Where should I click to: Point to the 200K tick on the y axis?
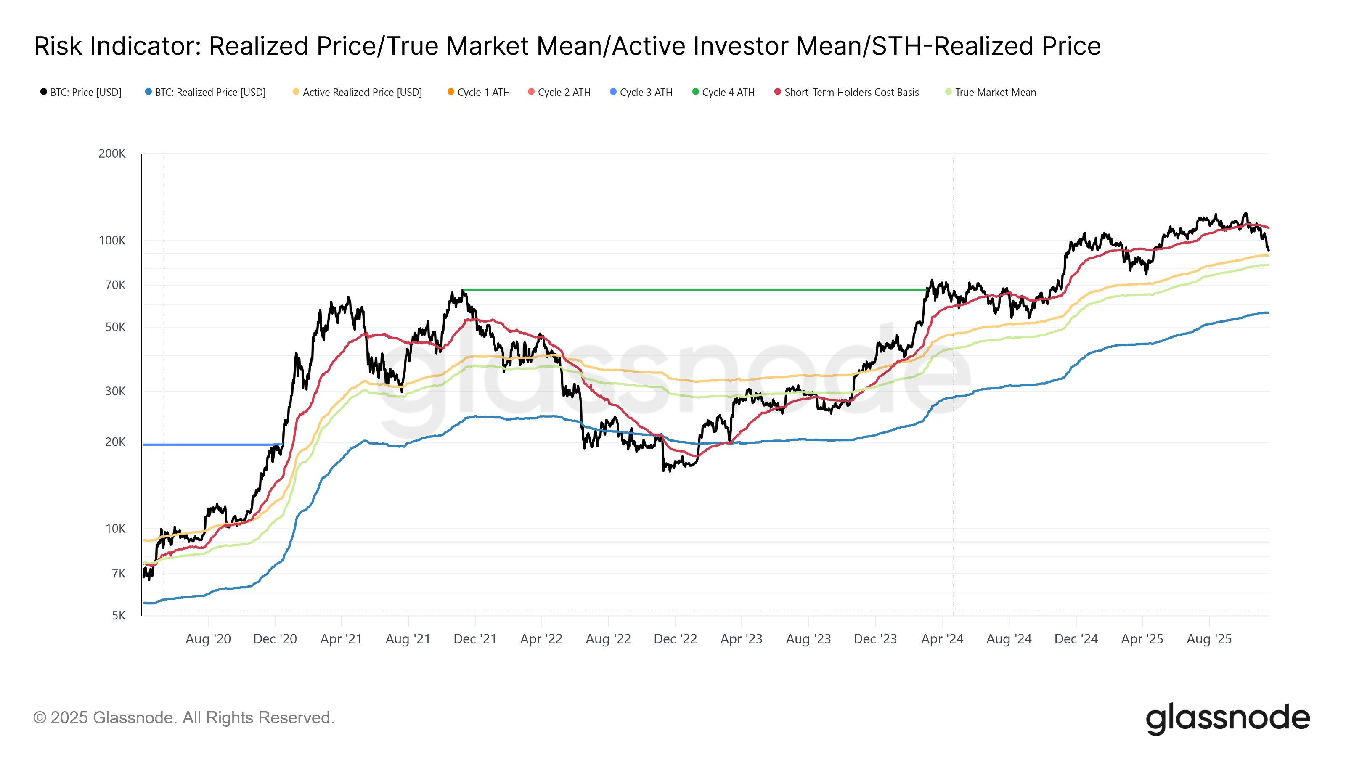tap(112, 154)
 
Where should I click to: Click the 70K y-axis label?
tap(115, 285)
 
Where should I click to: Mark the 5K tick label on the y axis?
tap(119, 615)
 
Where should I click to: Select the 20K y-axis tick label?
tap(115, 442)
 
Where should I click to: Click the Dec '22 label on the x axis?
tap(675, 639)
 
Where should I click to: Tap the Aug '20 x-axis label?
tap(208, 639)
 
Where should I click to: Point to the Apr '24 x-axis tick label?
tap(942, 639)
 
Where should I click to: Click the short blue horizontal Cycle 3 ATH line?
tap(209, 445)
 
